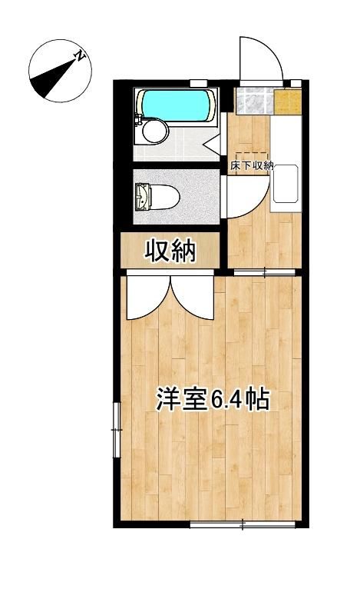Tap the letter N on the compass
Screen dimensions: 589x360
tap(79, 55)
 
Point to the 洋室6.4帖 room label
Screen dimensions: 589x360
tap(213, 399)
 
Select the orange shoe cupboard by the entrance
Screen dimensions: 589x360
tap(286, 101)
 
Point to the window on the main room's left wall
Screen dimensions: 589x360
tap(117, 431)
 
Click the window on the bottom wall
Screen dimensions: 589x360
tap(243, 525)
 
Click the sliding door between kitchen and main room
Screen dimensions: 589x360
tap(265, 271)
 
